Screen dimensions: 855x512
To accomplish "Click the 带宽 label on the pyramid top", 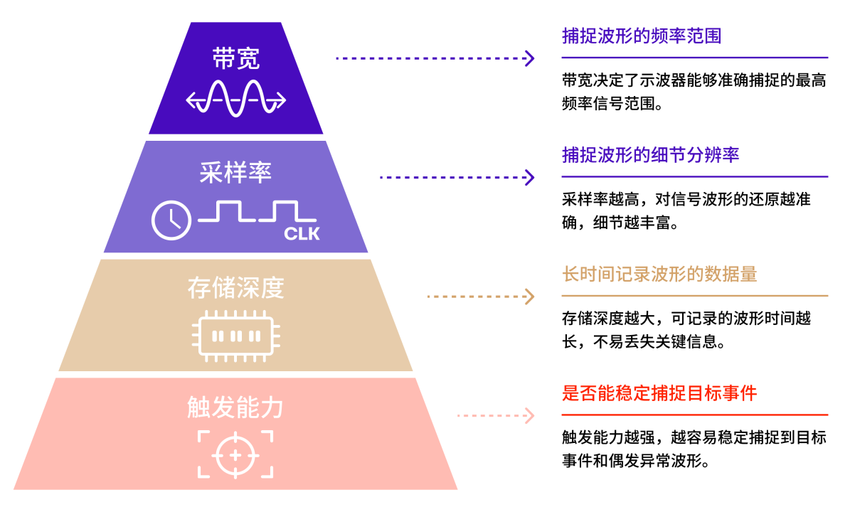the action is coord(236,58).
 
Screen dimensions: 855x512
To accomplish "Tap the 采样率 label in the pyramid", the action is coord(235,173).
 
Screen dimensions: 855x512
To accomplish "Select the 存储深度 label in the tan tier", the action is coord(236,288).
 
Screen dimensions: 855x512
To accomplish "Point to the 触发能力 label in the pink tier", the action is coord(235,407).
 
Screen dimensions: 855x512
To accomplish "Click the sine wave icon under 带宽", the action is coord(236,99).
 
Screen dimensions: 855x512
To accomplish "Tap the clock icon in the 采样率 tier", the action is coord(171,220).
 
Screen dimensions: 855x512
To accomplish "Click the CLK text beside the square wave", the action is coord(302,234).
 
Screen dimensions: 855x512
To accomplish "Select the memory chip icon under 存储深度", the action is coord(236,336).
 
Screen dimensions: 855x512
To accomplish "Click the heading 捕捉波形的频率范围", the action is coord(642,36).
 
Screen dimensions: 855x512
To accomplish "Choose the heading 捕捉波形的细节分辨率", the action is coord(650,155).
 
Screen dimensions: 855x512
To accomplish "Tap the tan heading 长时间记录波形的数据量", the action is coord(659,274).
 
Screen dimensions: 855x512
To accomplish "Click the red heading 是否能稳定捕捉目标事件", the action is coord(659,393).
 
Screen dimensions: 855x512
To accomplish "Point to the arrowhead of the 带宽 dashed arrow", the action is coord(531,58).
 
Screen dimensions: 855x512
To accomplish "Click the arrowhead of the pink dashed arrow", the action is coord(531,415).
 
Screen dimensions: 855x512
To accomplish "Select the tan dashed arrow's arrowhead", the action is coord(531,297).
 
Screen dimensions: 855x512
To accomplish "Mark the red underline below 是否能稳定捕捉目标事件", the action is coord(695,415).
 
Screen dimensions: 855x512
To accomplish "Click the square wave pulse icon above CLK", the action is coord(257,211).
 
